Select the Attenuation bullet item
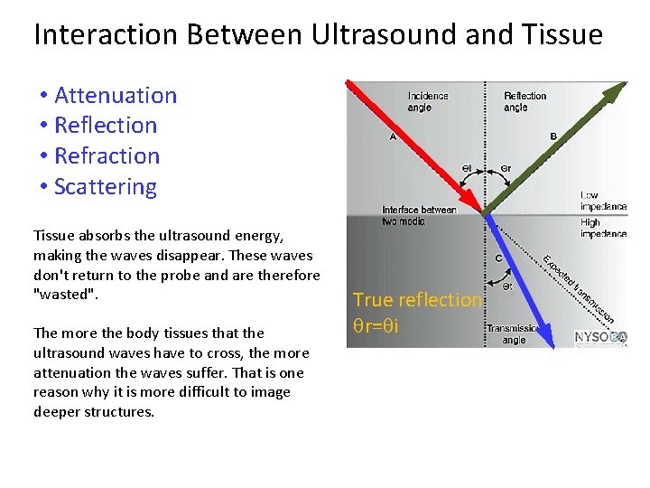pyautogui.click(x=115, y=95)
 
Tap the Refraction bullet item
pyautogui.click(x=107, y=155)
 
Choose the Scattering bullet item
pyautogui.click(x=105, y=186)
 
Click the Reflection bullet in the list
pyautogui.click(x=105, y=126)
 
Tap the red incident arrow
pyautogui.click(x=411, y=145)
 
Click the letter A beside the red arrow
pyautogui.click(x=393, y=137)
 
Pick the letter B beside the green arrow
pyautogui.click(x=553, y=136)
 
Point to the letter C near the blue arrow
pyautogui.click(x=499, y=258)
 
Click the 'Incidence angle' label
pyautogui.click(x=427, y=101)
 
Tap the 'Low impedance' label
pyautogui.click(x=602, y=201)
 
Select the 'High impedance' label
pyautogui.click(x=602, y=228)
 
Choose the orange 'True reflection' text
pyautogui.click(x=417, y=299)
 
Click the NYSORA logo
pyautogui.click(x=600, y=338)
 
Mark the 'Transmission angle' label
pyautogui.click(x=513, y=334)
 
